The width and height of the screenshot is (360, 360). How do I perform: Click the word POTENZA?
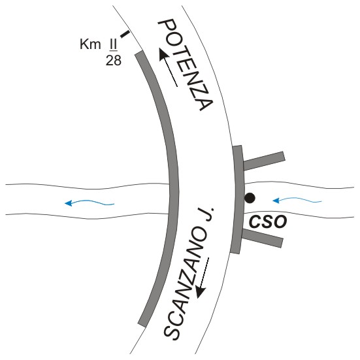(x=186, y=65)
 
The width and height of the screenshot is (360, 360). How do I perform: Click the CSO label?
(x=268, y=221)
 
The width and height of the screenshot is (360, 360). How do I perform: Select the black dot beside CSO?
(x=250, y=198)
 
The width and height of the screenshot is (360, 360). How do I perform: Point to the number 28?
(x=114, y=61)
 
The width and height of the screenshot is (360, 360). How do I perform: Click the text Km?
(x=90, y=44)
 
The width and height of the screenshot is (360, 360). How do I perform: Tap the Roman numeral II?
(x=113, y=44)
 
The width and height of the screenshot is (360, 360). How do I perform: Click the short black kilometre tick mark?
(x=125, y=34)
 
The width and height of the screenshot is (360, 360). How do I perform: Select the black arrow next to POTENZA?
(x=168, y=68)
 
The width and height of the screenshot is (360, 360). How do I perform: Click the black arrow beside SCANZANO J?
(x=203, y=278)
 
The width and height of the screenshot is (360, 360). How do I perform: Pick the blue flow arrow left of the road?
(x=90, y=203)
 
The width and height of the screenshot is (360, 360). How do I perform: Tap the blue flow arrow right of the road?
(x=297, y=200)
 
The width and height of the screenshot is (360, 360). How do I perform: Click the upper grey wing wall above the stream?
(x=264, y=161)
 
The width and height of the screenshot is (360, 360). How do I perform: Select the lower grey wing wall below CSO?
(x=263, y=238)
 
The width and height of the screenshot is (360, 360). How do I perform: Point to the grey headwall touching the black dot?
(x=238, y=199)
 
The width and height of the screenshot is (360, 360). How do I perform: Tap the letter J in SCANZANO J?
(x=209, y=214)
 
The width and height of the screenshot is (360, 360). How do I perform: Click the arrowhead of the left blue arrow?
(x=69, y=203)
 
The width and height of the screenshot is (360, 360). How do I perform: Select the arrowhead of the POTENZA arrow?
(x=163, y=54)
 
